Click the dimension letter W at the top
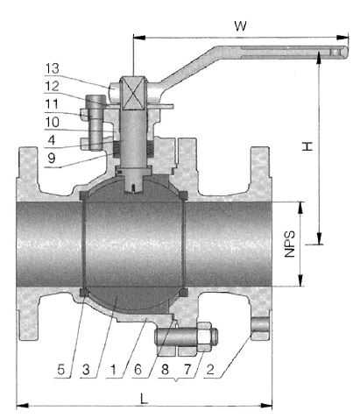pyautogui.click(x=240, y=26)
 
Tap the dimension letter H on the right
pyautogui.click(x=307, y=146)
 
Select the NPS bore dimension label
pyautogui.click(x=290, y=244)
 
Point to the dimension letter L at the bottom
pyautogui.click(x=144, y=399)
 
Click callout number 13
pyautogui.click(x=53, y=68)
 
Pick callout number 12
pyautogui.click(x=53, y=87)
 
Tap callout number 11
pyautogui.click(x=52, y=104)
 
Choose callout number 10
pyautogui.click(x=53, y=122)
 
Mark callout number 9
pyautogui.click(x=52, y=158)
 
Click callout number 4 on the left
pyautogui.click(x=52, y=140)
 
